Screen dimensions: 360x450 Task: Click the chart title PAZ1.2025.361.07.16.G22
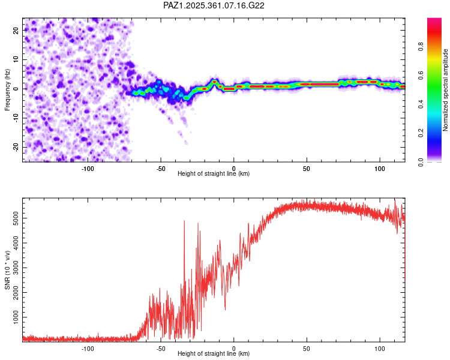[214, 5]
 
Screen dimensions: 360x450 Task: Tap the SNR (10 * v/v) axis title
[8, 271]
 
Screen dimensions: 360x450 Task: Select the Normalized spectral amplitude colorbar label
[446, 90]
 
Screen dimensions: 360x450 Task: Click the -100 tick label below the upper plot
[88, 168]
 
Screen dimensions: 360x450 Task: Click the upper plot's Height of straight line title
[214, 173]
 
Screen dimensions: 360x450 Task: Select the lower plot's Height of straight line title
[214, 354]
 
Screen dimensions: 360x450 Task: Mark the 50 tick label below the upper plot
[306, 168]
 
